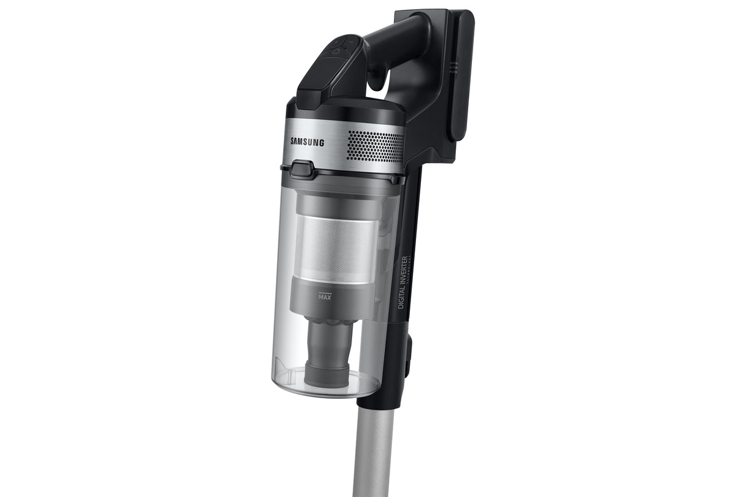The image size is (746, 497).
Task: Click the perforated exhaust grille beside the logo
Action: tap(375, 146)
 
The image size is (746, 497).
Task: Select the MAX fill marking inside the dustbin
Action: tap(325, 297)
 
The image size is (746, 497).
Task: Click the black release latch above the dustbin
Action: tap(300, 168)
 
